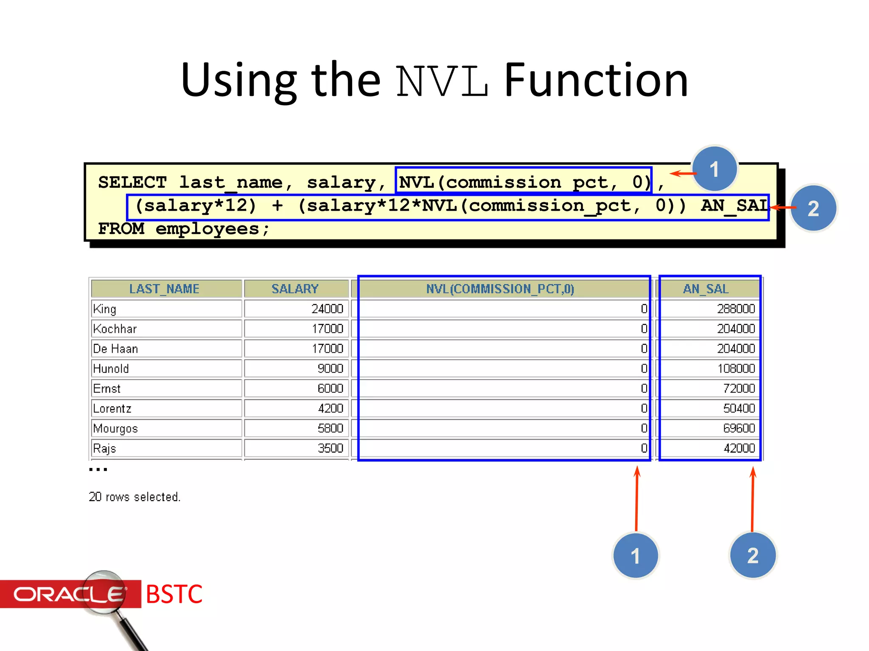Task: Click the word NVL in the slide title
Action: pyautogui.click(x=442, y=81)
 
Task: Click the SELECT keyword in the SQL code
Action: pyautogui.click(x=132, y=183)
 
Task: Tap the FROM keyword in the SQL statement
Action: pyautogui.click(x=121, y=229)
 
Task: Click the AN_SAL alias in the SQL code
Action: pyautogui.click(x=734, y=206)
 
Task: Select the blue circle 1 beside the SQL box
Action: pyautogui.click(x=715, y=169)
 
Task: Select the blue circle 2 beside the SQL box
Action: pyautogui.click(x=813, y=208)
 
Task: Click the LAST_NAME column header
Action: pyautogui.click(x=165, y=289)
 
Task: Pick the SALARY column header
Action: pyautogui.click(x=295, y=289)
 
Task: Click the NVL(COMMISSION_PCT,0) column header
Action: pyautogui.click(x=500, y=289)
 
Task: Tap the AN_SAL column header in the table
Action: pyautogui.click(x=706, y=289)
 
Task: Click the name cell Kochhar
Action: pyautogui.click(x=115, y=329)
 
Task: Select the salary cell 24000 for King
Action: pyautogui.click(x=327, y=309)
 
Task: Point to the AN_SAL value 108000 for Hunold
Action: pyautogui.click(x=736, y=369)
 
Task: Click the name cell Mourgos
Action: pyautogui.click(x=115, y=428)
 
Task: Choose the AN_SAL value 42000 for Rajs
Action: pyautogui.click(x=739, y=448)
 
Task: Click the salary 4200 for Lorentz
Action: pyautogui.click(x=330, y=409)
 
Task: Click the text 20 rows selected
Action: pyautogui.click(x=135, y=497)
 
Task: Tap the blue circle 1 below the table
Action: pyautogui.click(x=635, y=556)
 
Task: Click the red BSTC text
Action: pyautogui.click(x=174, y=594)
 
